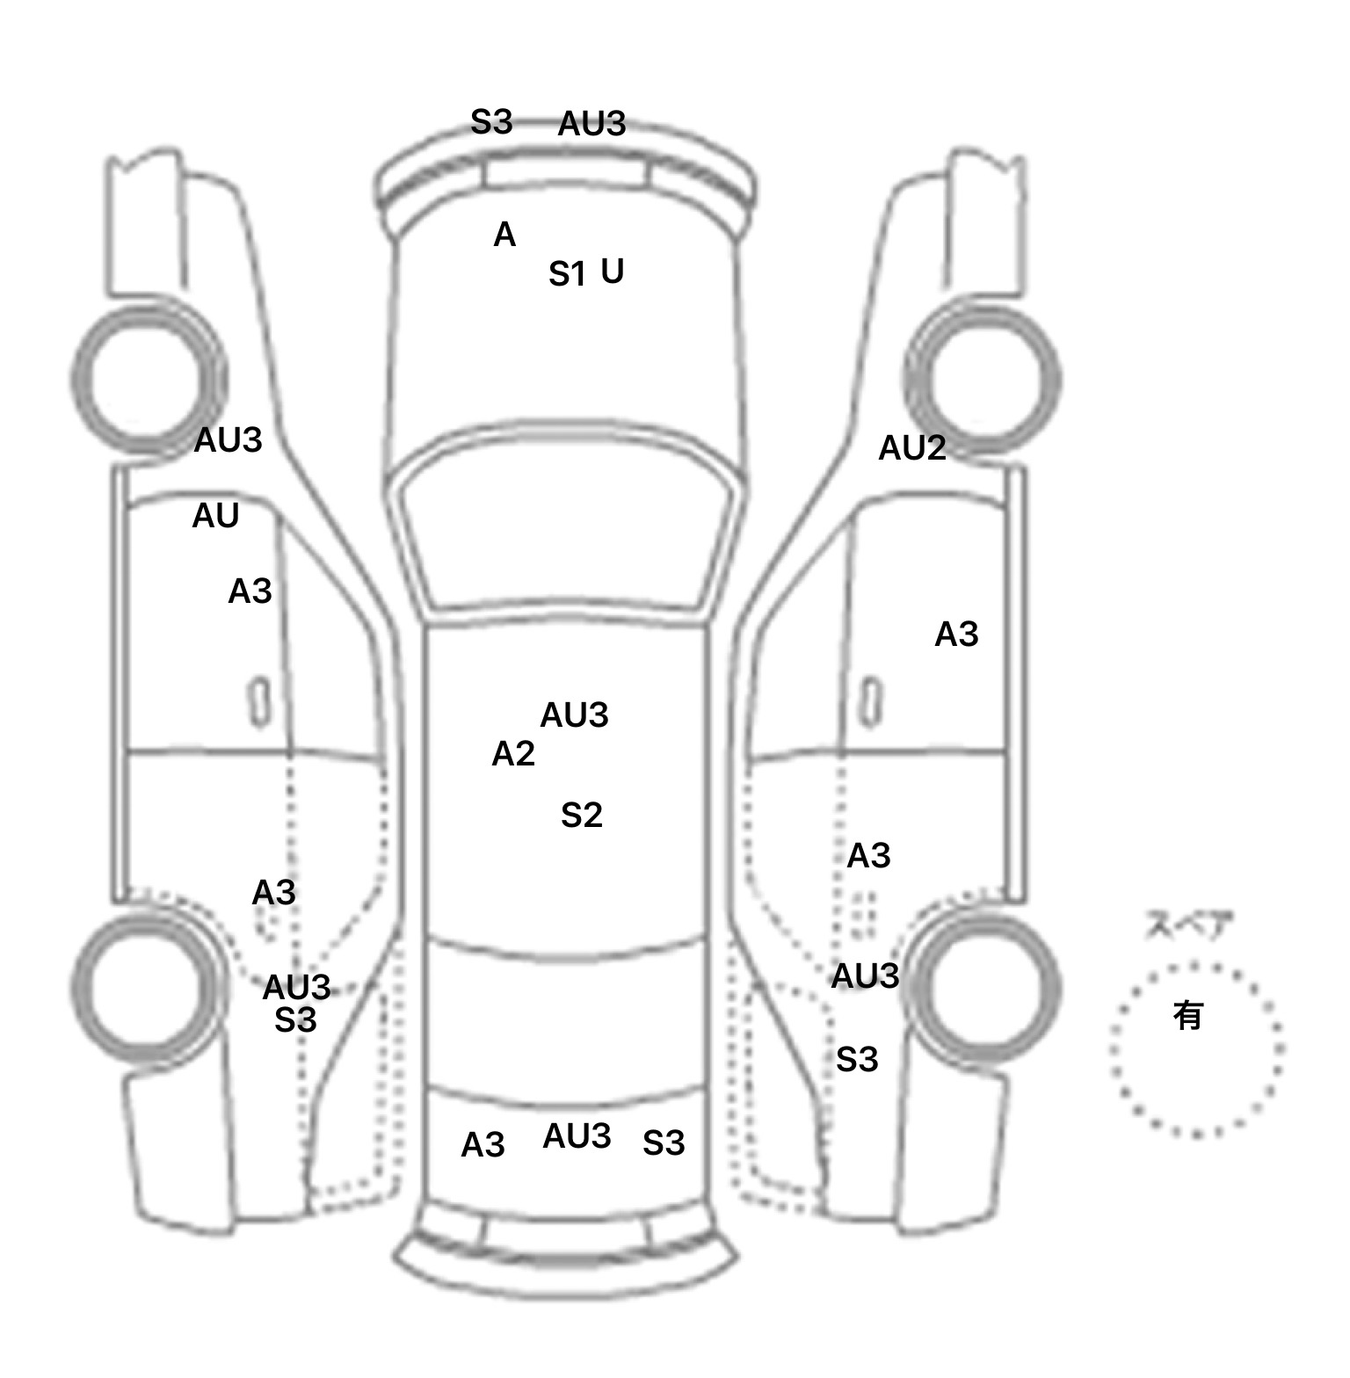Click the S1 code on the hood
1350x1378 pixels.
pyautogui.click(x=567, y=274)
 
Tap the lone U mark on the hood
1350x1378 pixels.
pyautogui.click(x=613, y=271)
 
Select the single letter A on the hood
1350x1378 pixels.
pyautogui.click(x=504, y=235)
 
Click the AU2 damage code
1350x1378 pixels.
pyautogui.click(x=912, y=448)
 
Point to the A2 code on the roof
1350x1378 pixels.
pyautogui.click(x=513, y=753)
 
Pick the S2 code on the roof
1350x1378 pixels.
pyautogui.click(x=582, y=816)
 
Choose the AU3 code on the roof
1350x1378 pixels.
pyautogui.click(x=574, y=714)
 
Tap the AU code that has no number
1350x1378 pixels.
pyautogui.click(x=215, y=516)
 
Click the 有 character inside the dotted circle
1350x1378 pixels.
pyautogui.click(x=1188, y=1016)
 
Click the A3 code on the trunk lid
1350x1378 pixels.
pyautogui.click(x=483, y=1145)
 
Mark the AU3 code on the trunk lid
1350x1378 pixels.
pyautogui.click(x=577, y=1136)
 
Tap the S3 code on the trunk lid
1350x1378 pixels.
pyautogui.click(x=664, y=1143)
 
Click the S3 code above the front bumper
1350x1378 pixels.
pyautogui.click(x=491, y=122)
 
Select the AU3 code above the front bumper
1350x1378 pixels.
pyautogui.click(x=592, y=124)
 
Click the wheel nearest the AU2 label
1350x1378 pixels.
pyautogui.click(x=983, y=380)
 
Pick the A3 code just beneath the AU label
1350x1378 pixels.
pyautogui.click(x=250, y=591)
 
